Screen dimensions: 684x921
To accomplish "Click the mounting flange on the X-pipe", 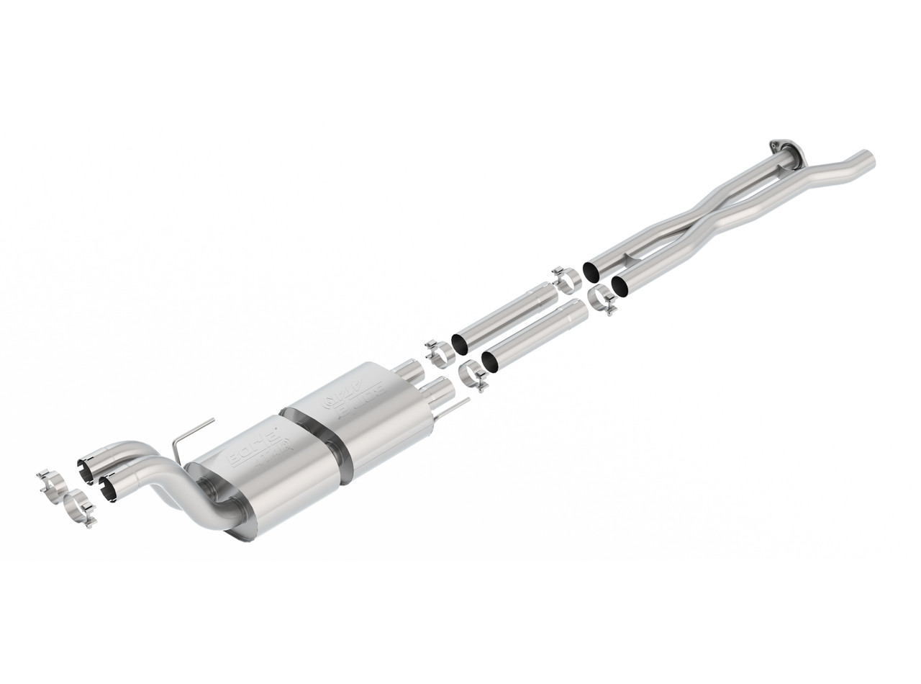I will click(x=784, y=148).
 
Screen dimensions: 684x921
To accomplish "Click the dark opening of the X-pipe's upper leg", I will click(x=591, y=272).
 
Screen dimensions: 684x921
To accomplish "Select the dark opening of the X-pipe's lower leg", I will click(x=620, y=286).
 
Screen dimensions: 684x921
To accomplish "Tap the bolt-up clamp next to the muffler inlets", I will click(x=440, y=353).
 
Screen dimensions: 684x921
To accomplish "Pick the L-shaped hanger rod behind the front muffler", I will click(x=189, y=436).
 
